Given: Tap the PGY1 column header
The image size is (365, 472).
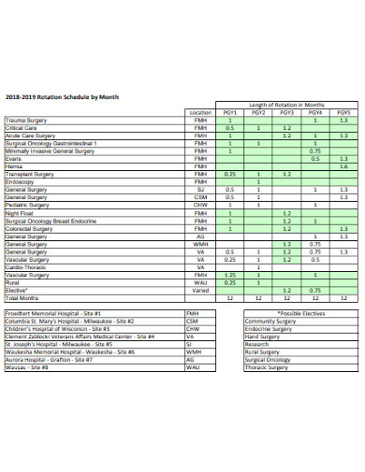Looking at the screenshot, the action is (x=229, y=111).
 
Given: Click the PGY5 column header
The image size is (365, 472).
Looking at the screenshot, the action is (x=343, y=111).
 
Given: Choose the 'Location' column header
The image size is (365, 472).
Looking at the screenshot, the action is (x=199, y=111).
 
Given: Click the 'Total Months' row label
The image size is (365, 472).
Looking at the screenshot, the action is (x=23, y=297).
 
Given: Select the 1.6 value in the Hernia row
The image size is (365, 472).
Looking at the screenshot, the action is (x=343, y=165).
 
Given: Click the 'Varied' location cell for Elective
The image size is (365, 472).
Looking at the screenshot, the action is (x=199, y=290).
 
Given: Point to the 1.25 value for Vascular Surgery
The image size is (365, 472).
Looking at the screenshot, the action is (x=229, y=275).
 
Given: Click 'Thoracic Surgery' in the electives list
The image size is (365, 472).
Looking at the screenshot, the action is (x=268, y=367).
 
